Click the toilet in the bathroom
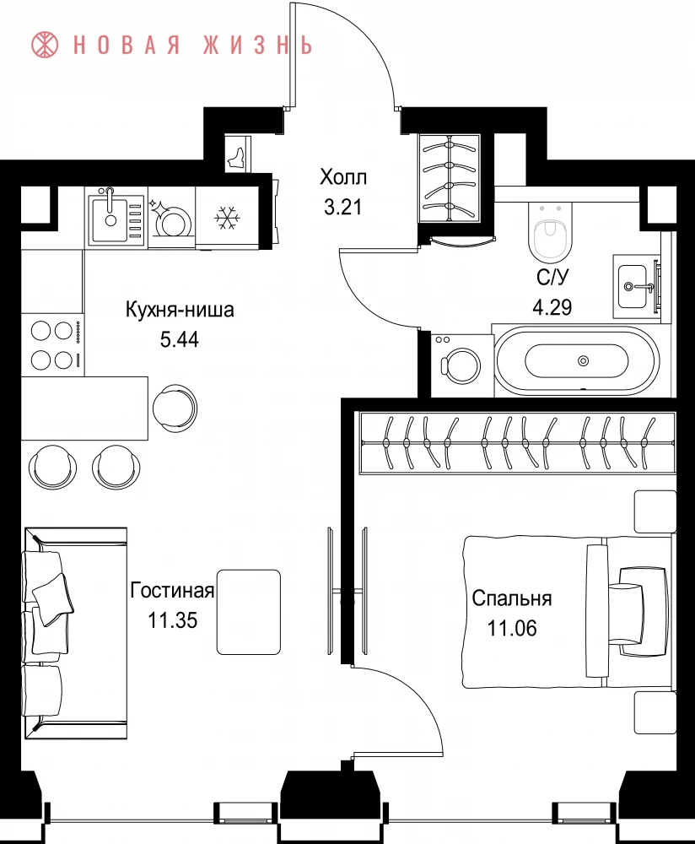point(549,231)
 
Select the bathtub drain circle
point(583,360)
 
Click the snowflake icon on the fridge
point(227,218)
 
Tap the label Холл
point(343,176)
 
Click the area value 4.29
point(552,307)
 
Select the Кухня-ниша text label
point(180,310)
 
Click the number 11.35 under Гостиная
point(173,620)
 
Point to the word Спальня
point(512,598)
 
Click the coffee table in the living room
point(249,612)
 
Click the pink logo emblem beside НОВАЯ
point(45,45)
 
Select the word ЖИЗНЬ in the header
point(257,46)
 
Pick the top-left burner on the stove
point(40,331)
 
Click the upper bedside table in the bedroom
point(655,512)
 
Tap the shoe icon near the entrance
point(237,155)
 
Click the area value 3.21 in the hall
point(342,207)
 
